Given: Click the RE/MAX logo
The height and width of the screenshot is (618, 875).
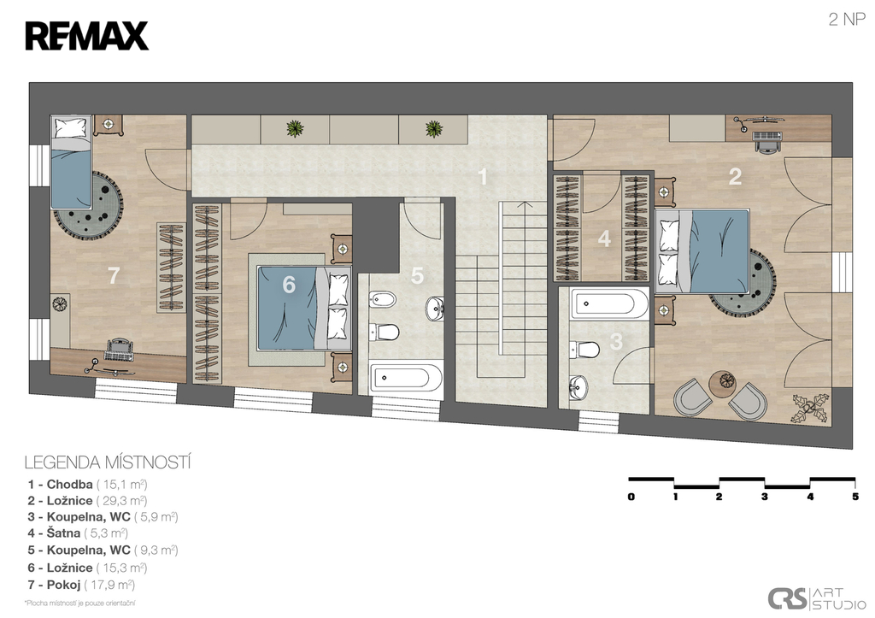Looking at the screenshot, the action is coord(86,36).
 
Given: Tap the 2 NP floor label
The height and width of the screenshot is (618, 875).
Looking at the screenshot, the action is coord(847,20).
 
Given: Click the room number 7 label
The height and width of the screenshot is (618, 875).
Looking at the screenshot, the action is coord(114,275).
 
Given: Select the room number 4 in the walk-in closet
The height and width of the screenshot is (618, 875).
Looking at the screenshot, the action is coord(604,239).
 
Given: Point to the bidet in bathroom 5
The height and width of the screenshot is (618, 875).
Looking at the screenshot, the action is coord(382,300).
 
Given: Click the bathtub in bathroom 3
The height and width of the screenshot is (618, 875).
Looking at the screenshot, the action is coord(609,304).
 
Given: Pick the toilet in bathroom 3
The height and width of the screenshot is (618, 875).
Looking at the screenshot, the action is coord(584,350).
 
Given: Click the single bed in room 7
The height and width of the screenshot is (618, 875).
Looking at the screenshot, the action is coord(70,162).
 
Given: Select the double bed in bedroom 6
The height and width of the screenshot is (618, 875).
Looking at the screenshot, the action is coord(303,308).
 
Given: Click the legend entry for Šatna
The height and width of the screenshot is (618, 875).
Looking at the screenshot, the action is coord(78,533).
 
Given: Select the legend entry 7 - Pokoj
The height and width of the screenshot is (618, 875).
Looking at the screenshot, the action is coord(81,585).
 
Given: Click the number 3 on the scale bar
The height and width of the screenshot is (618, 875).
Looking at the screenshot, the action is coord(765,497).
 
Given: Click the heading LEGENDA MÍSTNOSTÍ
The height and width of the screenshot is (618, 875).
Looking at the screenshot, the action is coord(108,462).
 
